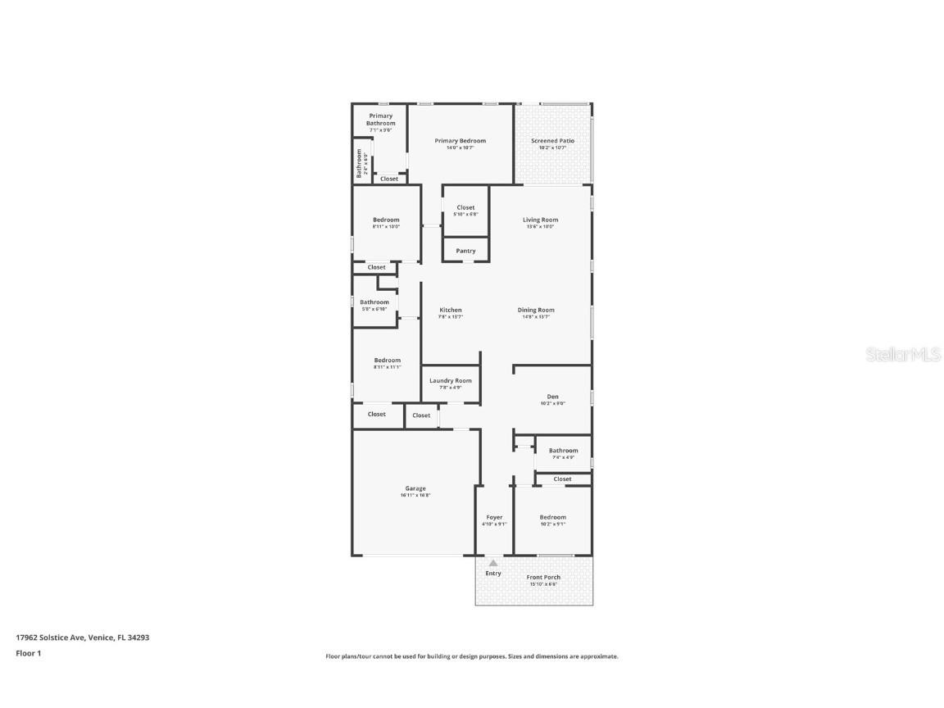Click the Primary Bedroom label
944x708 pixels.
click(x=460, y=141)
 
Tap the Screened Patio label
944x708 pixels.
click(x=552, y=141)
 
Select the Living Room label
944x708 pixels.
click(x=540, y=220)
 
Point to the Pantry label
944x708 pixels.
click(x=465, y=251)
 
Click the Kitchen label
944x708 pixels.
click(x=450, y=310)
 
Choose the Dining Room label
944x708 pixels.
click(x=536, y=310)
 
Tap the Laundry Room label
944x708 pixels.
click(x=451, y=380)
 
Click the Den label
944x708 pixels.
click(x=552, y=397)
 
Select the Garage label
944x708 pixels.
click(x=415, y=488)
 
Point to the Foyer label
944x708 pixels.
click(x=494, y=517)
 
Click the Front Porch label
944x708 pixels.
click(x=543, y=577)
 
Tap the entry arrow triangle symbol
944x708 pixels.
click(x=493, y=563)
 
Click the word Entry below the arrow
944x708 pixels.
click(x=493, y=573)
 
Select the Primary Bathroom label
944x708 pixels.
click(x=380, y=120)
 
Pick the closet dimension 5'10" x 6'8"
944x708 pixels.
click(x=465, y=215)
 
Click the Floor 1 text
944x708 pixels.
click(x=28, y=653)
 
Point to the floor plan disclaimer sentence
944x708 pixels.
click(x=472, y=656)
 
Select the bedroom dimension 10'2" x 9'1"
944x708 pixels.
click(x=552, y=524)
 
